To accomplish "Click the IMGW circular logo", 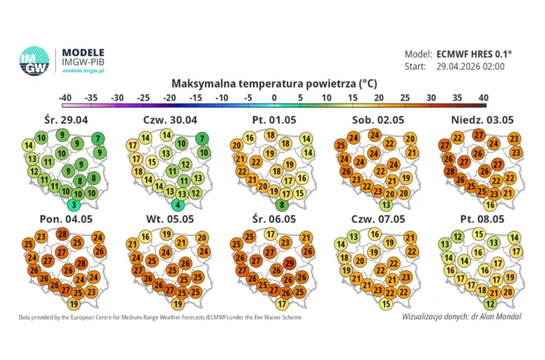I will (34, 61).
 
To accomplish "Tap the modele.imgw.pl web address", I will (83, 71).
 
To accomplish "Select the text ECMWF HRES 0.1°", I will (474, 54).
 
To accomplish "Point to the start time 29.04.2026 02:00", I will (470, 67).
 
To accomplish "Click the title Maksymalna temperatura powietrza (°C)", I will (274, 83).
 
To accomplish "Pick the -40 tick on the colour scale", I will (65, 98).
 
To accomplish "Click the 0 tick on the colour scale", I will (274, 98).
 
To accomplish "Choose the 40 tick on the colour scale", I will (482, 98).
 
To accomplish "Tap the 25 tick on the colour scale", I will (404, 98).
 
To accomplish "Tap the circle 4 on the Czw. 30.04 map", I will (178, 206).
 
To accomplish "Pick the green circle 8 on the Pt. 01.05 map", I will (283, 206).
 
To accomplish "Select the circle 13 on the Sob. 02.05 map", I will (386, 206).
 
